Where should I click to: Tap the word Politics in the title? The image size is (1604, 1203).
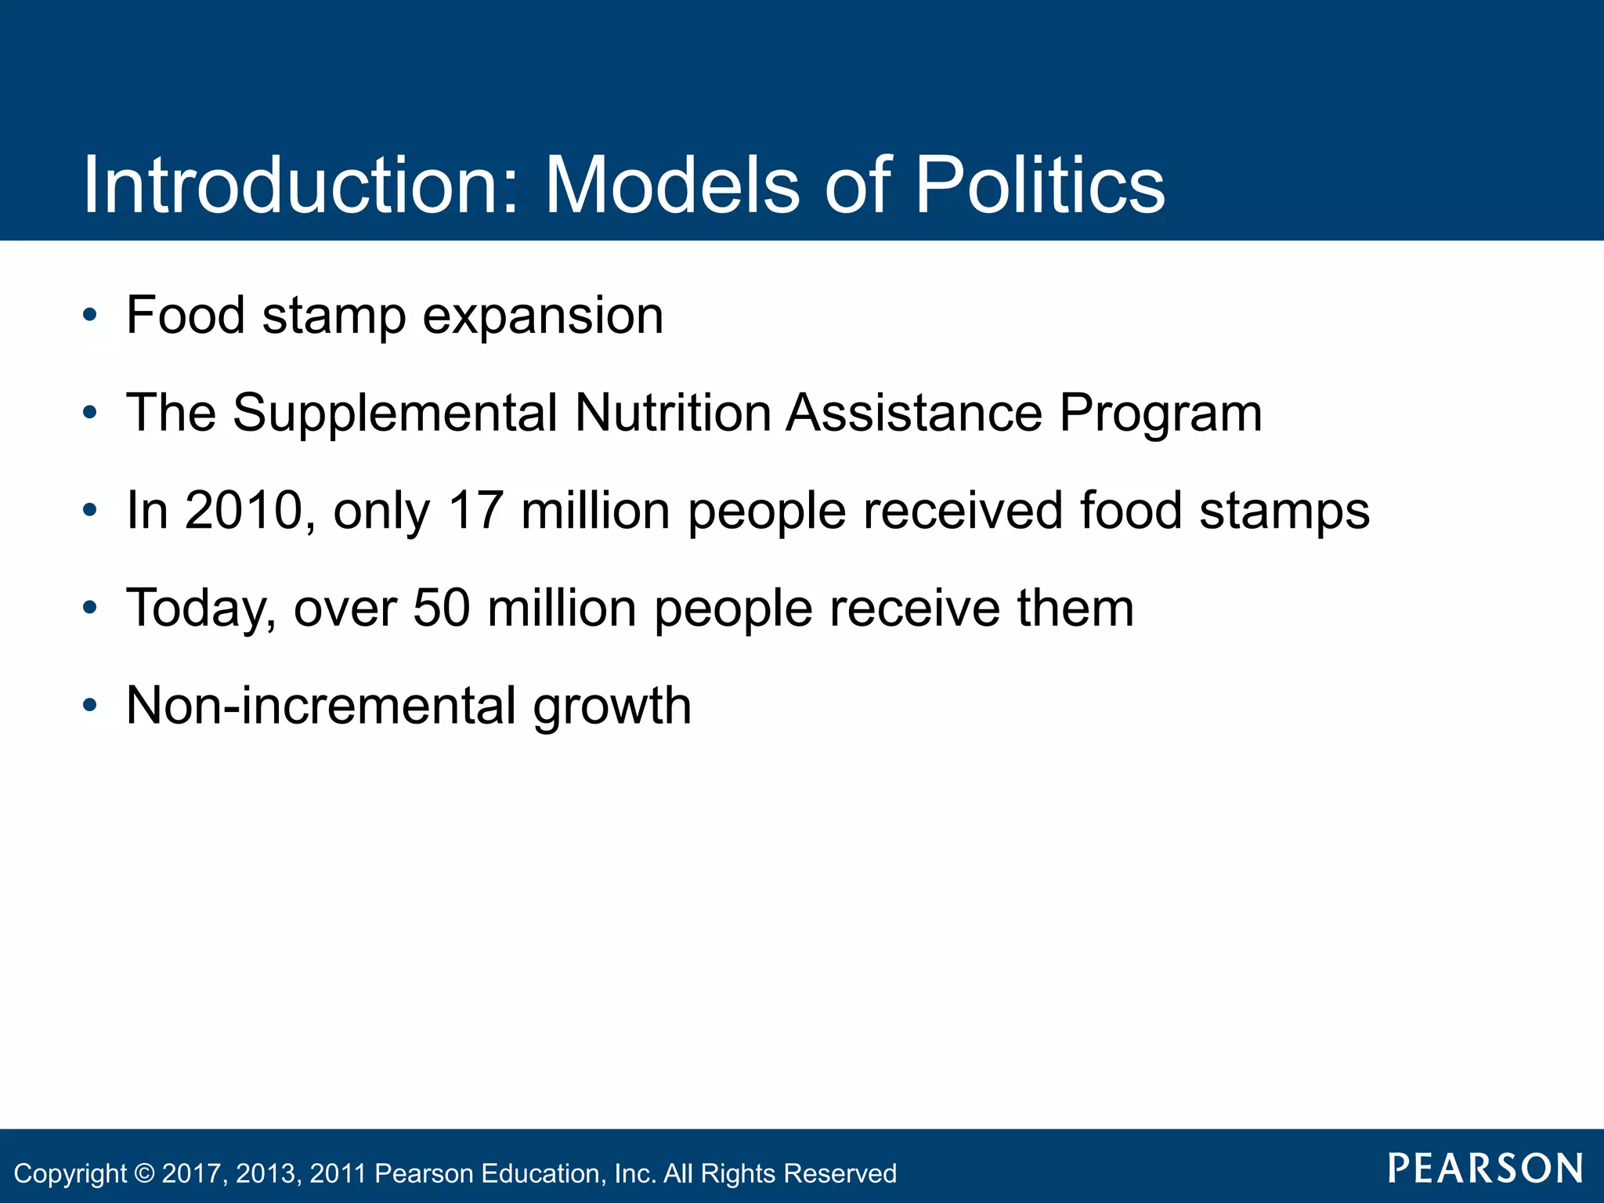click(1039, 185)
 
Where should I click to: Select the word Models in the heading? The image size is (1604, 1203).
click(673, 185)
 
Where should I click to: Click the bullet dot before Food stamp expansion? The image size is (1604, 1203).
click(90, 316)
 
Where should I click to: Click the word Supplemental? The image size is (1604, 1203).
click(395, 413)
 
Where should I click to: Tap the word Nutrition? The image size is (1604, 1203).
click(673, 413)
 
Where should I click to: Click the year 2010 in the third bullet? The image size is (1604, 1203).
click(244, 511)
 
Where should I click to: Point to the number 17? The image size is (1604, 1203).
click(475, 511)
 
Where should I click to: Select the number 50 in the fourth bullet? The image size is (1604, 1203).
click(442, 608)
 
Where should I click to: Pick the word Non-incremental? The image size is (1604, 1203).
click(320, 706)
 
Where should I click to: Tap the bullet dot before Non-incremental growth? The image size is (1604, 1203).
click(90, 706)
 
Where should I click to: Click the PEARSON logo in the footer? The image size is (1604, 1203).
click(1485, 1169)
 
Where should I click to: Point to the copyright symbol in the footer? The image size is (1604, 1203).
click(145, 1173)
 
